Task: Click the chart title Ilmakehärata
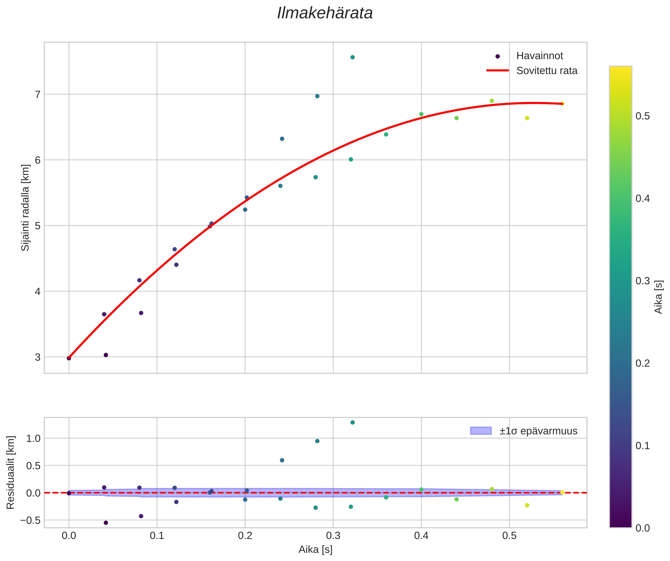click(325, 13)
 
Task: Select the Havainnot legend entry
click(539, 56)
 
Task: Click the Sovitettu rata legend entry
click(546, 71)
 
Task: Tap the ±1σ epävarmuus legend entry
click(538, 431)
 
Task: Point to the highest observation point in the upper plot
click(353, 57)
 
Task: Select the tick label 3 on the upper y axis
click(38, 357)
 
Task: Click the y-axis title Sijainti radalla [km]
click(25, 208)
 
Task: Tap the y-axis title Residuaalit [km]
click(10, 472)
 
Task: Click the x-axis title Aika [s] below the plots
click(315, 550)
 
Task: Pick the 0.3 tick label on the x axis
click(333, 536)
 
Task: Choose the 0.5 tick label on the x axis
click(509, 536)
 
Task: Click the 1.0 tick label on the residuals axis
click(33, 438)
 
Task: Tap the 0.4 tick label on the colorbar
click(643, 198)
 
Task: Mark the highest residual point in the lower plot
click(353, 422)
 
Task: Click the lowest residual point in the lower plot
click(106, 523)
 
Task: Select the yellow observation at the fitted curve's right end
click(562, 103)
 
